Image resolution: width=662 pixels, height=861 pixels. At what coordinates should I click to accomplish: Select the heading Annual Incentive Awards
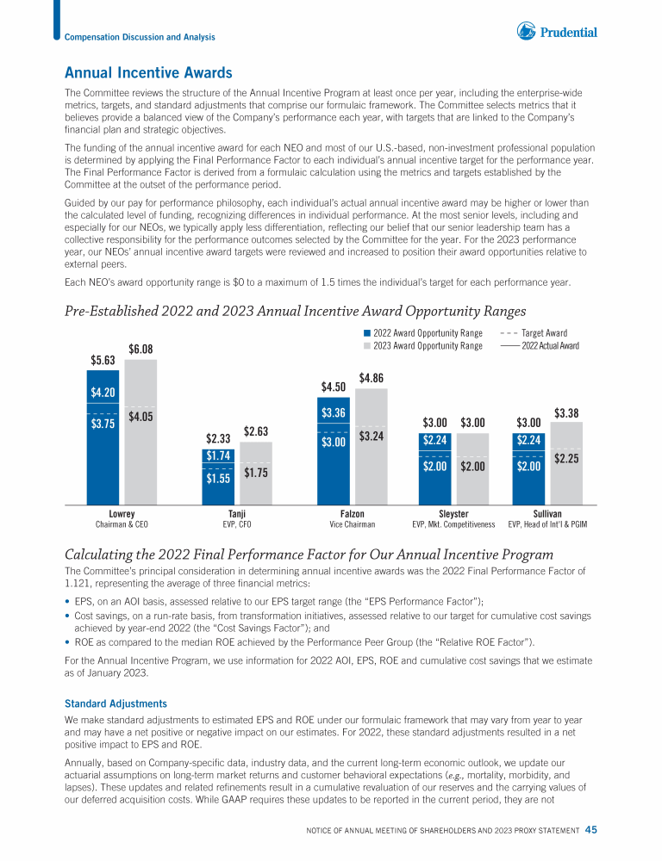148,74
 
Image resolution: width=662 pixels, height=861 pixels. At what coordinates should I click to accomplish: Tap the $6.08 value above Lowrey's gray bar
141,349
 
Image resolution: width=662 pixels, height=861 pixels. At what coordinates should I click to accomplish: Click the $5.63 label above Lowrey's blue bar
103,360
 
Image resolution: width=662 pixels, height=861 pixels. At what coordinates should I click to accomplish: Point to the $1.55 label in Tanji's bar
218,479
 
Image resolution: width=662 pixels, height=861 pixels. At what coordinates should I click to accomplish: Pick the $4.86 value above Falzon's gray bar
372,377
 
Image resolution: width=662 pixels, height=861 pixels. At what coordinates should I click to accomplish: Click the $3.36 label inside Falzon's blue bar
333,413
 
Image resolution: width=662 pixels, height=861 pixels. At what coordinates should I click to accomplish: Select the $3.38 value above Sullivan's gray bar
566,412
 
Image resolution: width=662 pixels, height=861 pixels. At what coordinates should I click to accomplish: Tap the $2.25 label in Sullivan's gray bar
566,459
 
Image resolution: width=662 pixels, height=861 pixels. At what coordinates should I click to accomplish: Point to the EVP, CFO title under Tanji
236,523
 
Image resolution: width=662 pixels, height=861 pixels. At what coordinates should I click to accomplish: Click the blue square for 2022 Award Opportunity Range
367,333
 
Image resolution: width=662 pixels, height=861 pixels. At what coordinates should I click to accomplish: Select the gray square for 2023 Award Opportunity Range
367,346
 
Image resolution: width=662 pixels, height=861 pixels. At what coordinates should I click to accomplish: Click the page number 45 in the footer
590,830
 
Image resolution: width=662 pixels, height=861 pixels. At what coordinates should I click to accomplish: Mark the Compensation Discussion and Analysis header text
141,37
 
